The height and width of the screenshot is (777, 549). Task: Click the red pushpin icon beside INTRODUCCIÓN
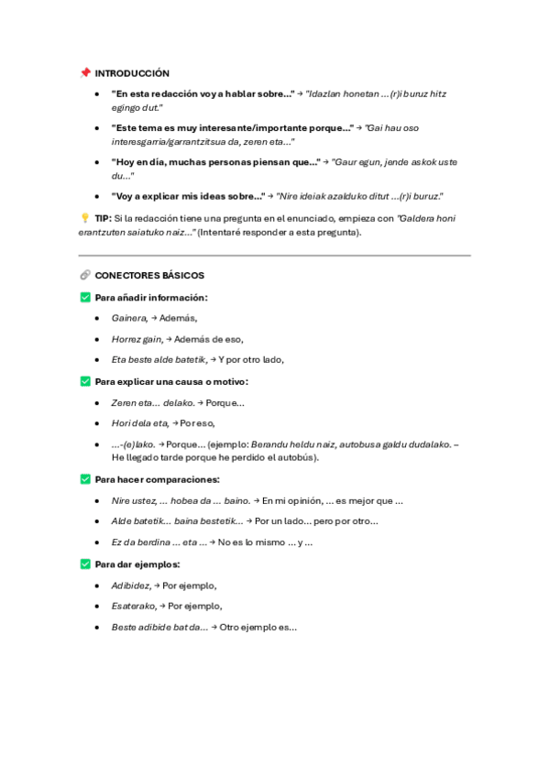click(x=85, y=73)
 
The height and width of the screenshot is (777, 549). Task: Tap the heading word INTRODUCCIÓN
click(x=133, y=73)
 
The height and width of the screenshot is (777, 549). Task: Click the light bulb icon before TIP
click(x=85, y=218)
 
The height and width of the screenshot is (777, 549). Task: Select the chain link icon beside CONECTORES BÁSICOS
click(x=85, y=275)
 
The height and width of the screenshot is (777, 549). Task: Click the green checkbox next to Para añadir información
click(x=85, y=297)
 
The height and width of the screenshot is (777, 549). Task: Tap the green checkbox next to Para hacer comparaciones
click(x=85, y=479)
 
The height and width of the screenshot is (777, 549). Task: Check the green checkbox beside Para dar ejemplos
click(x=85, y=564)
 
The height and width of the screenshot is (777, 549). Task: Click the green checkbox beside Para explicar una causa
click(x=85, y=381)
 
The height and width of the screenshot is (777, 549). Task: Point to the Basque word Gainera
click(x=128, y=318)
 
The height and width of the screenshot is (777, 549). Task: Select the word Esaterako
click(x=134, y=607)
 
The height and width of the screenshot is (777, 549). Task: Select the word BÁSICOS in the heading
click(x=180, y=275)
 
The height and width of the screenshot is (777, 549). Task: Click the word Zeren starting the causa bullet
click(x=124, y=402)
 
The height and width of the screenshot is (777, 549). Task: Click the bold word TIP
click(x=103, y=218)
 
